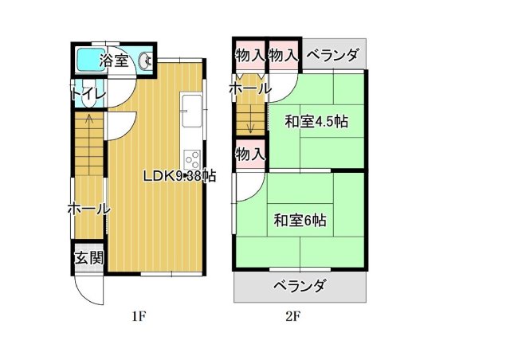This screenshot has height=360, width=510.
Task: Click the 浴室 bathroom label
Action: [114, 61]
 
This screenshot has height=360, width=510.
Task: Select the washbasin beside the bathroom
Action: [145, 61]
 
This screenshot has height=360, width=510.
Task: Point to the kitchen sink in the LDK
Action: [191, 112]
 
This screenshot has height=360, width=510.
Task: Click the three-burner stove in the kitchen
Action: [192, 159]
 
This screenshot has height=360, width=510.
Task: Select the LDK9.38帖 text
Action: [180, 176]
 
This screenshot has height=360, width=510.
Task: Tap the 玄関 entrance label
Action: [89, 258]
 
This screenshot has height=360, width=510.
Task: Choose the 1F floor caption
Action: [138, 316]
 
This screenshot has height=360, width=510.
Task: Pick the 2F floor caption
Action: [292, 316]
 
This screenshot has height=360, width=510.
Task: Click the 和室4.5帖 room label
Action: [316, 122]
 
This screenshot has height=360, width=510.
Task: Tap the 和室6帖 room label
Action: [300, 220]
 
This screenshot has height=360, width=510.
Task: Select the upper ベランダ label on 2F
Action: [333, 55]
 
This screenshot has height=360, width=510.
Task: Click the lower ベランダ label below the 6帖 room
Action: [300, 286]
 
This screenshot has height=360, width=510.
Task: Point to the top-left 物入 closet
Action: [249, 55]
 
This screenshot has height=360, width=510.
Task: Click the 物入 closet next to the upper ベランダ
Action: [284, 55]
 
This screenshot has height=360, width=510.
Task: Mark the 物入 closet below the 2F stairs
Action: [250, 155]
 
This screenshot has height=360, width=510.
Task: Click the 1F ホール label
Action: [88, 209]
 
